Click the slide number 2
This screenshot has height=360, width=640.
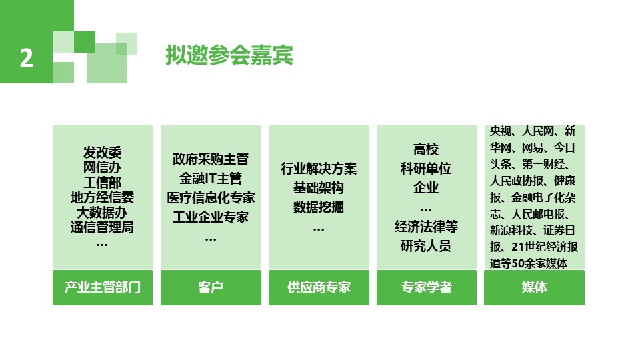(x=26, y=59)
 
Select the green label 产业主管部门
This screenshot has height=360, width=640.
(x=103, y=287)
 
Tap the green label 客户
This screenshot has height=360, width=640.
(x=211, y=287)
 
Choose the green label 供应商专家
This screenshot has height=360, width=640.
(x=319, y=287)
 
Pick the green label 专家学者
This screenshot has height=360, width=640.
(x=427, y=287)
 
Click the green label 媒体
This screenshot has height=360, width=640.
(x=534, y=287)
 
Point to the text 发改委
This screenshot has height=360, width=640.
(x=103, y=153)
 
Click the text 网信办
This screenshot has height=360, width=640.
(x=103, y=168)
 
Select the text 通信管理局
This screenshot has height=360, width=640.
(x=103, y=227)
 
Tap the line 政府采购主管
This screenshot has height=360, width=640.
(x=211, y=159)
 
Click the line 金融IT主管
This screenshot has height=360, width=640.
(x=211, y=179)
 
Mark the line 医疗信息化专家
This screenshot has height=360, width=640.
(x=211, y=198)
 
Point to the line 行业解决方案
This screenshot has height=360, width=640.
(x=319, y=169)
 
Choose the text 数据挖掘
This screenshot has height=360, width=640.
(x=319, y=207)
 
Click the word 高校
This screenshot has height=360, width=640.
(x=427, y=149)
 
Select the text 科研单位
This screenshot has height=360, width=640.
(x=427, y=169)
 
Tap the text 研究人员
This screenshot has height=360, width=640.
(x=427, y=246)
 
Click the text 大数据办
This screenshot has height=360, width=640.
(x=103, y=212)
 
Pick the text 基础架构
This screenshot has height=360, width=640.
(x=319, y=188)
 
